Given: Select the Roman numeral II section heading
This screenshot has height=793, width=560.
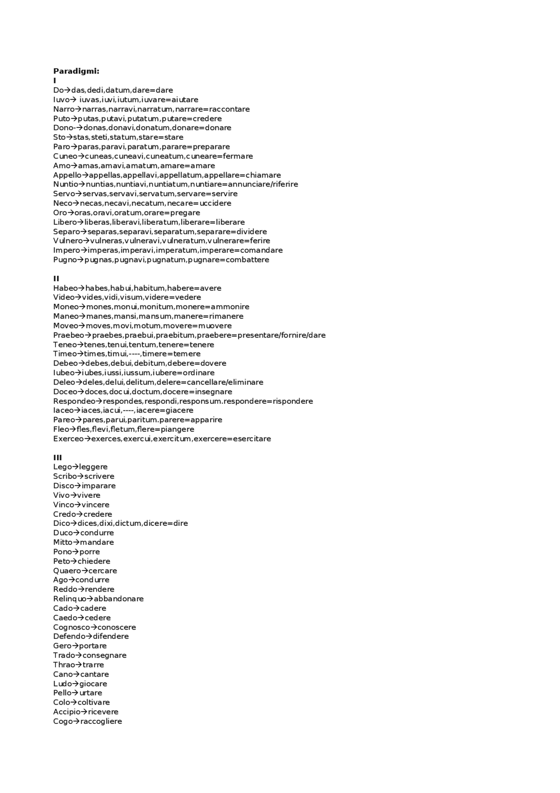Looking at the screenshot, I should tap(56, 278).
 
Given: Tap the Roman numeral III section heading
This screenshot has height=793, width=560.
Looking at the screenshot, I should tap(57, 458).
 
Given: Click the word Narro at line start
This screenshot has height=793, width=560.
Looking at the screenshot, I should tap(64, 109).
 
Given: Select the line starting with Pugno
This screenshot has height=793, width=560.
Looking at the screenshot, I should tap(161, 260).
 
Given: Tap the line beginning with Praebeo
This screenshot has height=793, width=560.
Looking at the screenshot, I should tap(189, 335).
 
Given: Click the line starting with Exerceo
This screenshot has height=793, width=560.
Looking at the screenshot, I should tap(162, 439).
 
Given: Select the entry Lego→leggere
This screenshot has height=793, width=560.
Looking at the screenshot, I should tap(80, 467).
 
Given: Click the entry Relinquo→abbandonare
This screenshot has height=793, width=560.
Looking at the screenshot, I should tap(98, 599).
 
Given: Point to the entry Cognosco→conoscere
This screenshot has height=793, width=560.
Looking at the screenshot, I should tap(94, 627).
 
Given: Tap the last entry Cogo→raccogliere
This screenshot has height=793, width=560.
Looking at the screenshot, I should tap(87, 721).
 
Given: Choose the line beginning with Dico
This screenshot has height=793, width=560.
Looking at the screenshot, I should tap(120, 523).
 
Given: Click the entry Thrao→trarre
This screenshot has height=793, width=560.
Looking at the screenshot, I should tap(78, 665).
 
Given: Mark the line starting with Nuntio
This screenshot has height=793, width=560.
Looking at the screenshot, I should tap(175, 184).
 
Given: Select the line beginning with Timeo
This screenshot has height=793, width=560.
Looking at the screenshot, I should tap(127, 354).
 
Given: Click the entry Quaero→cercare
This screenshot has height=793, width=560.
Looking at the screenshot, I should tap(85, 571).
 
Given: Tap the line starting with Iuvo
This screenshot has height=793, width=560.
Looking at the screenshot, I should tap(126, 100).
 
